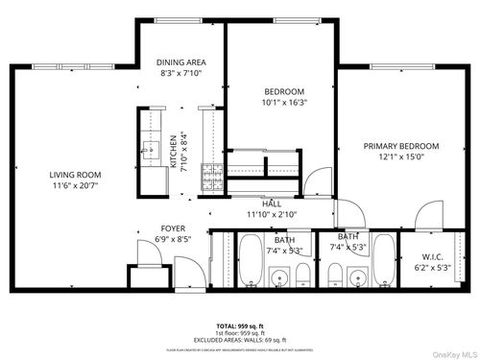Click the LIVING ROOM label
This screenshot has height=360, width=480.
click(76, 174)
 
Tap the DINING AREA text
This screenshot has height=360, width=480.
click(181, 62)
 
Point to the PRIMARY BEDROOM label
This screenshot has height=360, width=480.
click(400, 146)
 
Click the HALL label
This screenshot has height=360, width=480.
click(272, 204)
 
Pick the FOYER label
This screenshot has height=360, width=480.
click(173, 228)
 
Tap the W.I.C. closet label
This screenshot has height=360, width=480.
click(432, 257)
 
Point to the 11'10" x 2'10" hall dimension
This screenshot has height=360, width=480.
click(272, 214)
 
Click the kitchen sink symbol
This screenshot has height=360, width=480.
click(149, 150)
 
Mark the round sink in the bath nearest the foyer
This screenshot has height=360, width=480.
click(278, 279)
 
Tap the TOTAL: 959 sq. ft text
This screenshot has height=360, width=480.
click(239, 326)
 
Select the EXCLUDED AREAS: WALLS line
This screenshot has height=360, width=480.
click(239, 340)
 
